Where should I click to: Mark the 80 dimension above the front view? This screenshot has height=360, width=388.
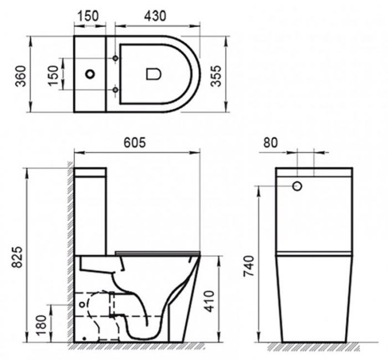(271, 143)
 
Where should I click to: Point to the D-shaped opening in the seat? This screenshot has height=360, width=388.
(152, 74)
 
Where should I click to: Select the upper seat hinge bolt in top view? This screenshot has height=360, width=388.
(115, 58)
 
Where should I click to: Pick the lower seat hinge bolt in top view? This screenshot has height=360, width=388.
(115, 89)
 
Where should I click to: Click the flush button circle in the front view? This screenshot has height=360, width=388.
(297, 186)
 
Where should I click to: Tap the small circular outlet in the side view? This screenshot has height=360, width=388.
(84, 304)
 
